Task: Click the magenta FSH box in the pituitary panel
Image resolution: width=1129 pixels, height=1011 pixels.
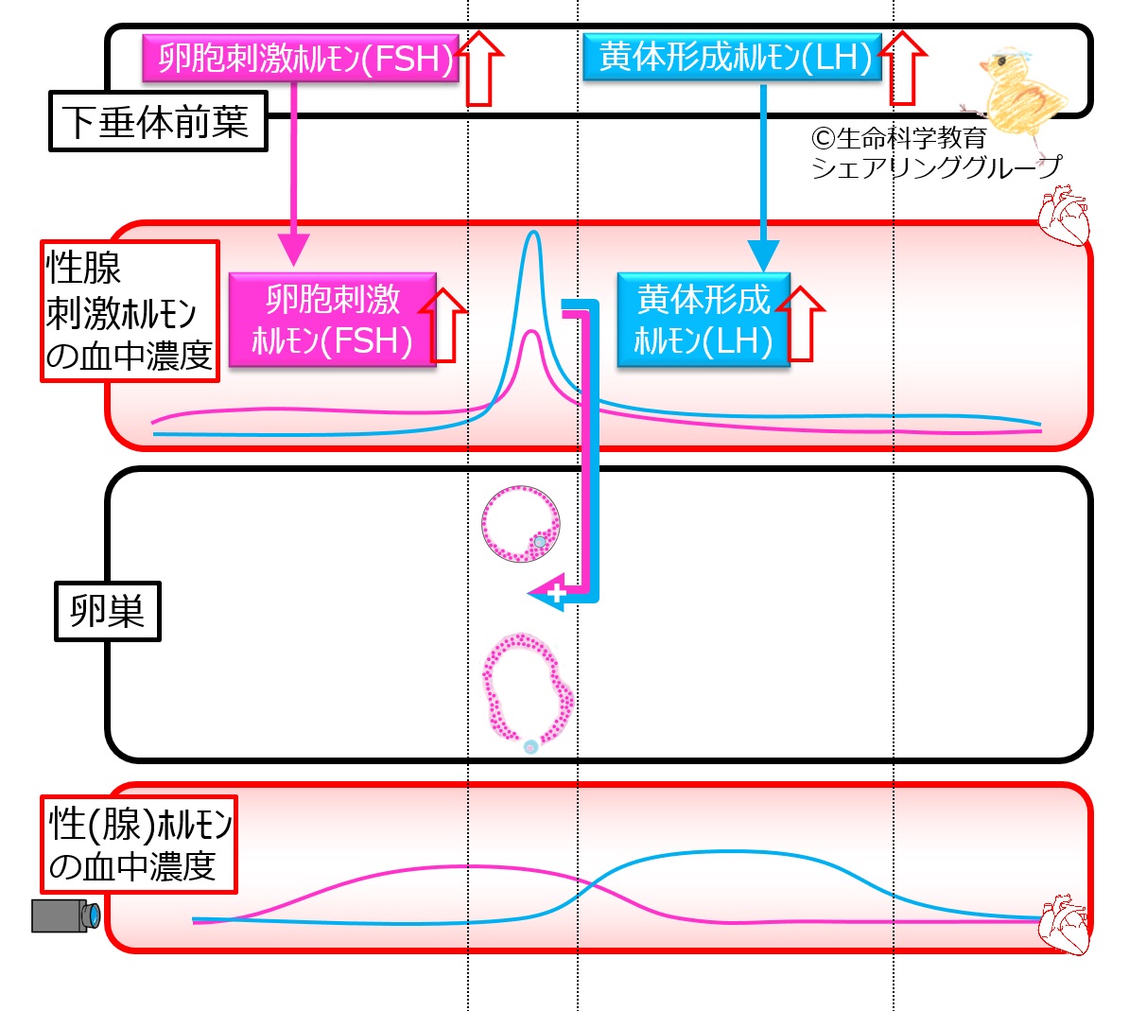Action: click(x=301, y=58)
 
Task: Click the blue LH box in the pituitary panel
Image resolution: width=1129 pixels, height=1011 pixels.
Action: click(x=732, y=57)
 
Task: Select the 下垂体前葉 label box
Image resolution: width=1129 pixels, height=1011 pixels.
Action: click(x=159, y=121)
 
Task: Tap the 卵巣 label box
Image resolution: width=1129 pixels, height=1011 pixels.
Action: click(x=107, y=611)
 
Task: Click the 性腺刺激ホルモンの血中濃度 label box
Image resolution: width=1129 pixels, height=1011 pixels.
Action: click(x=130, y=311)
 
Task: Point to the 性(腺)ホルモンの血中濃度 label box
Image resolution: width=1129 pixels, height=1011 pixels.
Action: click(x=139, y=844)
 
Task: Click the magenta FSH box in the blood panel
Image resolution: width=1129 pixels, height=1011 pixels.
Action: click(x=333, y=320)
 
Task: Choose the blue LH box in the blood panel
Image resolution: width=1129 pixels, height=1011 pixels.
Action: click(x=703, y=320)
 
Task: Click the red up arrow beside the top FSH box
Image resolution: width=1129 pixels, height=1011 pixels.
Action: click(x=479, y=68)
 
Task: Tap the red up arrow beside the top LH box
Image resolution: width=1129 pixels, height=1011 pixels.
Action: click(x=904, y=68)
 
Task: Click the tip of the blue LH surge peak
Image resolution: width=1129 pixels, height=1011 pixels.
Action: click(x=532, y=232)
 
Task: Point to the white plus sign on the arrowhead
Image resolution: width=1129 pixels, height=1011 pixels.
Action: click(x=557, y=593)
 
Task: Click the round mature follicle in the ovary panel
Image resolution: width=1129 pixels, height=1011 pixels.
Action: click(x=521, y=524)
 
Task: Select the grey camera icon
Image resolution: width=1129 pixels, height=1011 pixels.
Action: click(x=65, y=915)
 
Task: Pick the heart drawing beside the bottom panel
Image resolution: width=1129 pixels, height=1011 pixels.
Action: click(x=1064, y=925)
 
